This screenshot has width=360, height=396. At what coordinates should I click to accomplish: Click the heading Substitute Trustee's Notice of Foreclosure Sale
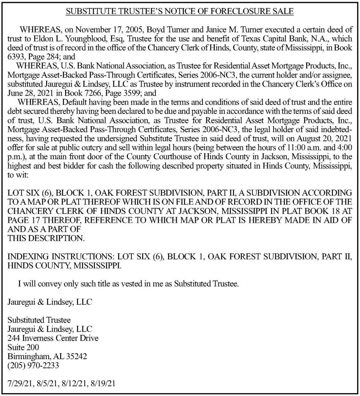click(x=180, y=11)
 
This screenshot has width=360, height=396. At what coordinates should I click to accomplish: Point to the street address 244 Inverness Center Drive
click(x=53, y=338)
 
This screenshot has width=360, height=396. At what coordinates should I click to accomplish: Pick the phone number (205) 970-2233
click(x=33, y=364)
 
